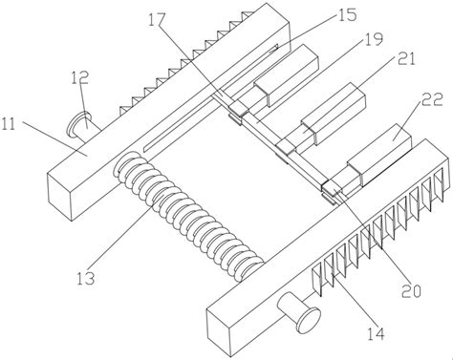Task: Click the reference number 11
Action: pos(9,124)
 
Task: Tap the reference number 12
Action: pos(79,76)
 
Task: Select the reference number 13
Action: pos(86,279)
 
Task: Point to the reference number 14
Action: pos(376,333)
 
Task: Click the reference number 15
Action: pos(348,14)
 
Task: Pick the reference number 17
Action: pos(157,20)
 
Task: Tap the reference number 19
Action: pos(373,40)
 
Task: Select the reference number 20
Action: pos(411,290)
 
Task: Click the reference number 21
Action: pos(406,59)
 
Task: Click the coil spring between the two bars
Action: pos(189,217)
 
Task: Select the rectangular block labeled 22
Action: pos(380,156)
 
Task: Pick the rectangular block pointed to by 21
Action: pos(334,114)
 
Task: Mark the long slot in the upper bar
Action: pos(211,97)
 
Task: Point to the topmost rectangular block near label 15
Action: pos(286,75)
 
